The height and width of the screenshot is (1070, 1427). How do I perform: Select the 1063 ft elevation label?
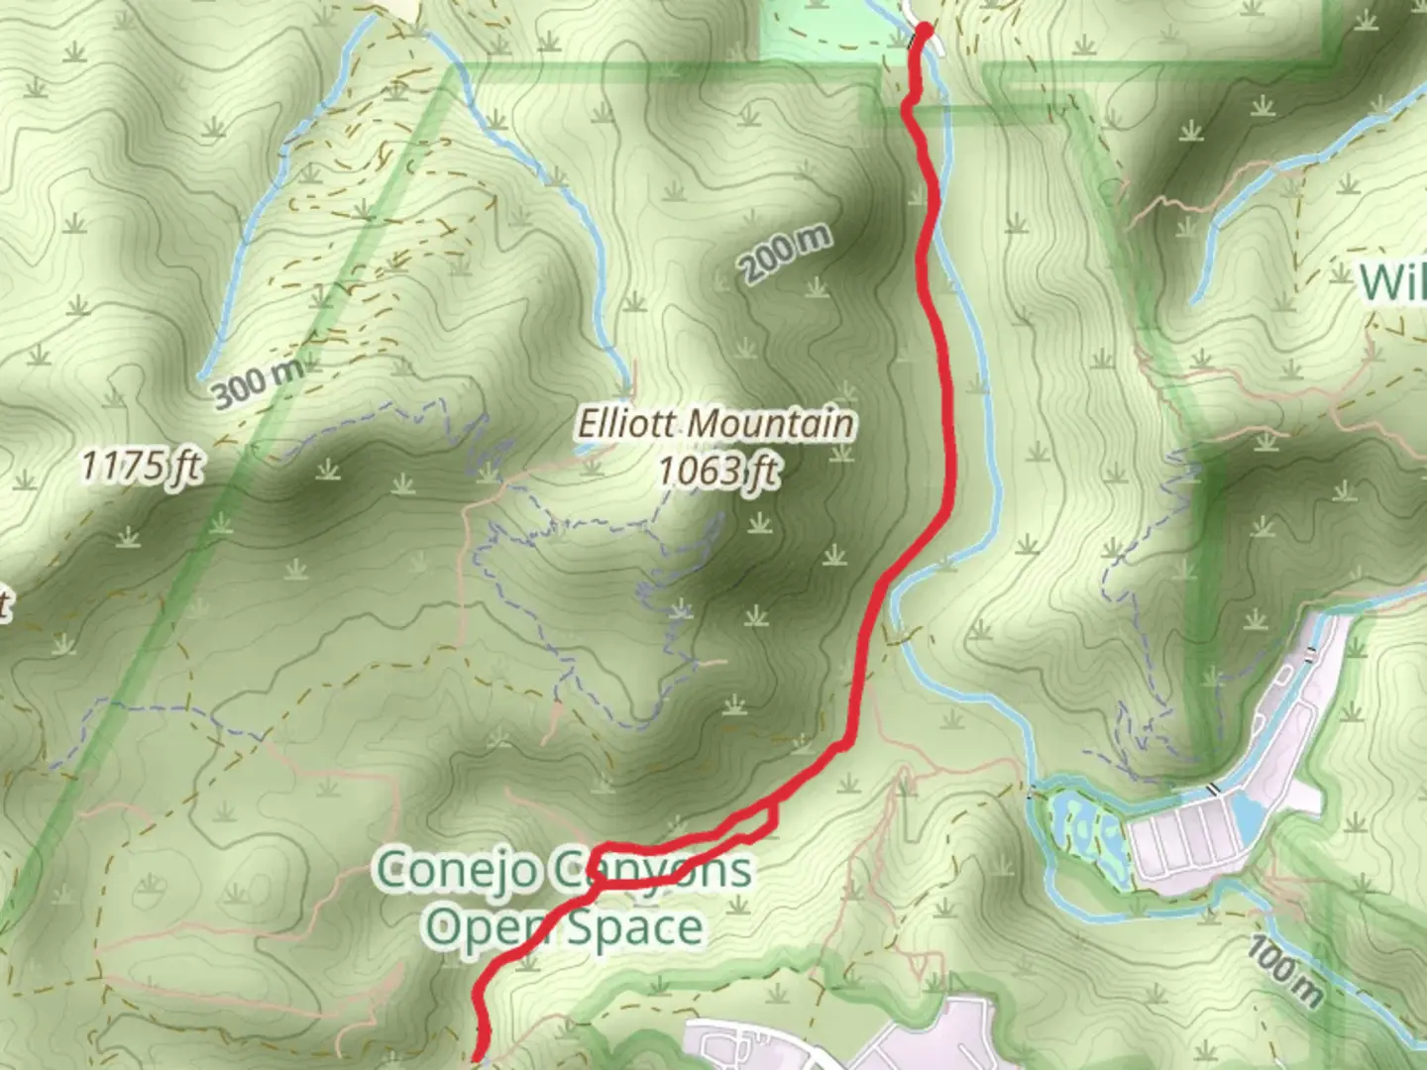click(x=718, y=471)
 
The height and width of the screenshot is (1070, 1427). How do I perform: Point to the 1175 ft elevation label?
click(x=142, y=466)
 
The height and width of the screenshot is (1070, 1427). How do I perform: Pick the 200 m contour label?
click(x=784, y=255)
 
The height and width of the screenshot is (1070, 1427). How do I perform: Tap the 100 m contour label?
click(x=1284, y=971)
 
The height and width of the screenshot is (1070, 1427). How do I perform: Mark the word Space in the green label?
click(x=634, y=928)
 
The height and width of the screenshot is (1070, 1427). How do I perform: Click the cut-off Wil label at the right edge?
click(x=1392, y=282)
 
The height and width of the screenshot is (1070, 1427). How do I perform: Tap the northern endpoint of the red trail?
click(x=925, y=30)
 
